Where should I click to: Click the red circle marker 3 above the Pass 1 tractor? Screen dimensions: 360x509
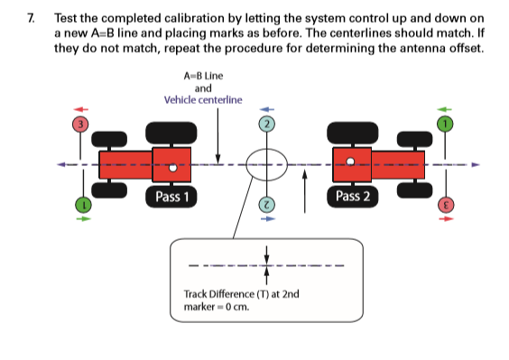(80, 123)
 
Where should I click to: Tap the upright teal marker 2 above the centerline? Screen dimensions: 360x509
(266, 123)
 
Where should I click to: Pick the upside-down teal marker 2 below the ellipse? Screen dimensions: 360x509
(266, 206)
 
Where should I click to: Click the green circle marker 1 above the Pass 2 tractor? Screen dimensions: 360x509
(443, 123)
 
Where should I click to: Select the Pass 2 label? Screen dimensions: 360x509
(355, 196)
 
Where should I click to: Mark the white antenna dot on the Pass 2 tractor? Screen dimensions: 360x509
(353, 164)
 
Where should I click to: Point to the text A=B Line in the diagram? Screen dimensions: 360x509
(203, 77)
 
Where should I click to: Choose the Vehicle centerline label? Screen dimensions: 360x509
(203, 99)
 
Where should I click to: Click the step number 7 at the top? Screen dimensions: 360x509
(32, 17)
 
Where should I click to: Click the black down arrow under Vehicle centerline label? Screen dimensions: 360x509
(219, 135)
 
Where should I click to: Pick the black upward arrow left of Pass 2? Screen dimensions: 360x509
(305, 190)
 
